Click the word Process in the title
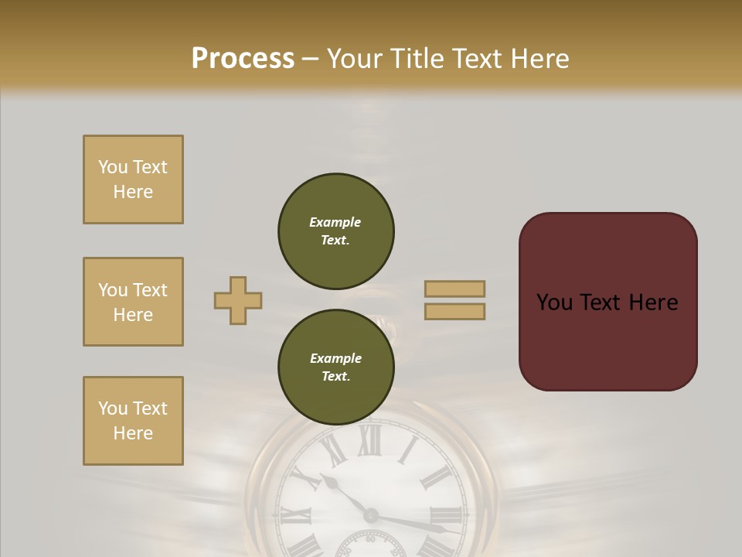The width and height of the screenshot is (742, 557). [x=243, y=59]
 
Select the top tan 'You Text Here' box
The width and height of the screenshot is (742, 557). [x=133, y=179]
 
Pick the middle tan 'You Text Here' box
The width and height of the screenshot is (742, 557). [x=133, y=302]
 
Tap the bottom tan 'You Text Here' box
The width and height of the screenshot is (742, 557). [x=133, y=421]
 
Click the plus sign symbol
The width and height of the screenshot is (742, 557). [x=238, y=300]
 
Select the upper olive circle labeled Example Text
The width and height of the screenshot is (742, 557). [x=335, y=231]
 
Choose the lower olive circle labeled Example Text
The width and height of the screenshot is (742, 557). [x=335, y=367]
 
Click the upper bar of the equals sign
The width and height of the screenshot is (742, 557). [x=454, y=289]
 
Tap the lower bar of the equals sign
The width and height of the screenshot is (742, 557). [x=454, y=311]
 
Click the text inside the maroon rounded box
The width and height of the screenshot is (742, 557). [x=607, y=302]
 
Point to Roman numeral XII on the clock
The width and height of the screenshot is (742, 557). [x=369, y=442]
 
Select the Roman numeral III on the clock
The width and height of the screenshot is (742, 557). [x=448, y=515]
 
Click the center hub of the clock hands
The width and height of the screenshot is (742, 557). [x=371, y=515]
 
